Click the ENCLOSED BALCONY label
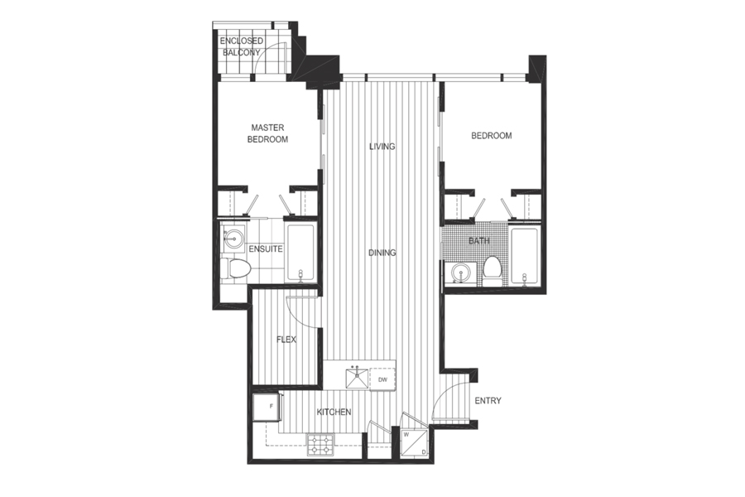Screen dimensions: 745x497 [242, 46]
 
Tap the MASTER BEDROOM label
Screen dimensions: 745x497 [267, 133]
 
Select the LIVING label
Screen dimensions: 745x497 [382, 147]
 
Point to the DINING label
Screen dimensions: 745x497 [382, 253]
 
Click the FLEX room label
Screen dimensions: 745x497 [286, 340]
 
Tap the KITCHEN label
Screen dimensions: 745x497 [334, 412]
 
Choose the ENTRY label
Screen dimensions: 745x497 [488, 401]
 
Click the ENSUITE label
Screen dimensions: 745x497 [266, 249]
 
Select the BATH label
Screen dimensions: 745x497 [479, 241]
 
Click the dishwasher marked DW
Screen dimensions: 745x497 [382, 379]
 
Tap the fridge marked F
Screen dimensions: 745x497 [266, 407]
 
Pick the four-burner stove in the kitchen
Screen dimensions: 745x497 [320, 445]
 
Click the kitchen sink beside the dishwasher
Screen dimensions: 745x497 [357, 379]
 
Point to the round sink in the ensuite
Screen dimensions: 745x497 [233, 238]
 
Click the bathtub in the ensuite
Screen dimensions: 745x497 [300, 253]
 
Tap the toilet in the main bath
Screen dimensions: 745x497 [492, 271]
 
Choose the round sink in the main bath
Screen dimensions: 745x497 [459, 274]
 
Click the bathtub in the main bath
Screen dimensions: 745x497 [524, 257]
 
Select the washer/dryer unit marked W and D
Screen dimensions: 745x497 [415, 442]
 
